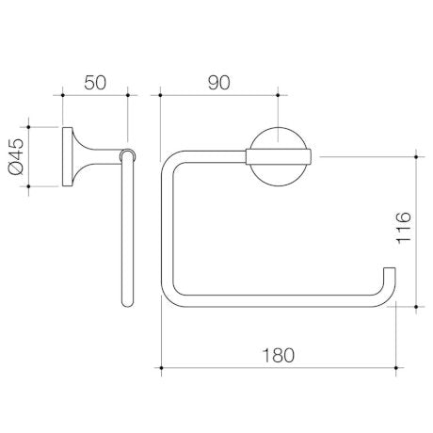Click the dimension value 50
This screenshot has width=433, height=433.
click(x=94, y=83)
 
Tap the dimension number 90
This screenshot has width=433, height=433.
click(x=218, y=83)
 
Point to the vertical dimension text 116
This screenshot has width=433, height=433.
click(x=403, y=229)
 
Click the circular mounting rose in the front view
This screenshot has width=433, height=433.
click(x=278, y=154)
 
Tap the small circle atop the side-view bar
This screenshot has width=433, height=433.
click(x=128, y=153)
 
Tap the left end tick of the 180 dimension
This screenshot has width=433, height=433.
click(x=160, y=366)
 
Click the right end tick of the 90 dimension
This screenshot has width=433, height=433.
click(x=278, y=94)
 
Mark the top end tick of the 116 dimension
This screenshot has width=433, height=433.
click(x=414, y=154)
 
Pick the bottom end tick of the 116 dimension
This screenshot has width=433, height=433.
click(x=414, y=304)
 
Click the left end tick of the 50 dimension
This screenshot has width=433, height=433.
click(x=62, y=94)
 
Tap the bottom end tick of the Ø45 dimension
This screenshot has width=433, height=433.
click(x=29, y=184)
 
